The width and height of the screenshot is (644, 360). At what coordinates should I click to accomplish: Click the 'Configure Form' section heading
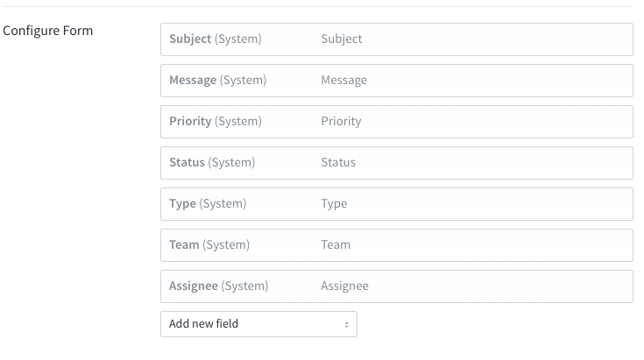(x=47, y=31)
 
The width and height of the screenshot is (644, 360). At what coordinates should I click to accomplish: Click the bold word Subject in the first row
(x=190, y=39)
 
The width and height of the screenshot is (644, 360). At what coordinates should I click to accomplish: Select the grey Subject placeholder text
(x=342, y=39)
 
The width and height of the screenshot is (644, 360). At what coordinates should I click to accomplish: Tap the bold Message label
(x=193, y=80)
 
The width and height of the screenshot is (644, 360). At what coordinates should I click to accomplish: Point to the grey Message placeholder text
(x=343, y=80)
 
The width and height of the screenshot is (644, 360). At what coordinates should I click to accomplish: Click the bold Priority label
(x=190, y=122)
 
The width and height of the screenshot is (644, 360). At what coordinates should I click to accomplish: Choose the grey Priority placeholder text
(x=341, y=122)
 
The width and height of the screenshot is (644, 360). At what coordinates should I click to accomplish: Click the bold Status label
(x=187, y=162)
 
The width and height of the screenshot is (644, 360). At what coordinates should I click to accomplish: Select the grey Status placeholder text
(x=338, y=162)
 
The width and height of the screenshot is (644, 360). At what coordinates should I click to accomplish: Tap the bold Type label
(x=182, y=203)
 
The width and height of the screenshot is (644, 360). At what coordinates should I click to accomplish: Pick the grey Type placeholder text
(x=334, y=203)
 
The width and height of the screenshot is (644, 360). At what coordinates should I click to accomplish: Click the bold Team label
(x=184, y=244)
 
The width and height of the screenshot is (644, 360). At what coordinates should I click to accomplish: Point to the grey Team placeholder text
(x=336, y=244)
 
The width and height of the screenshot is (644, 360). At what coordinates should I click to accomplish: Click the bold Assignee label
(x=194, y=286)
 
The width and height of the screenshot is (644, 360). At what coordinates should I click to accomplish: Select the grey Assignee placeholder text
(x=344, y=286)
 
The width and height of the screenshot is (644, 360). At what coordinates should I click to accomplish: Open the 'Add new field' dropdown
(x=258, y=324)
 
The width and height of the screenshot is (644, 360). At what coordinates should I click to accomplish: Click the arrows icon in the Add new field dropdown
(x=347, y=325)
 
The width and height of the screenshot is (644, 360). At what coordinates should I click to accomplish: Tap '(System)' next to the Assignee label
(x=244, y=286)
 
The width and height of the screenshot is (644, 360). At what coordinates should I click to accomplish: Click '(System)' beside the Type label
(x=223, y=203)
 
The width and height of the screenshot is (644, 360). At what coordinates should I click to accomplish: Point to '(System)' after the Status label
(x=231, y=163)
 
